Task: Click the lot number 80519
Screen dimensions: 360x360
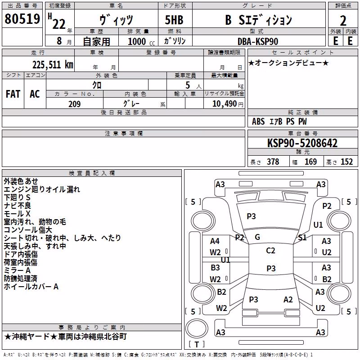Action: [x=22, y=19]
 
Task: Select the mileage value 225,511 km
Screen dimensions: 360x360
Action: [x=53, y=65]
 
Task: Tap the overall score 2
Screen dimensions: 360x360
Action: [x=343, y=21]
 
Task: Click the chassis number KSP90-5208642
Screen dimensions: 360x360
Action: [x=302, y=143]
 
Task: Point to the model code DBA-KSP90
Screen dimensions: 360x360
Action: [x=257, y=41]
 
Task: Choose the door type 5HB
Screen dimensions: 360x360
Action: [x=174, y=20]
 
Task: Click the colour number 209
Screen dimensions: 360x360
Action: [x=75, y=104]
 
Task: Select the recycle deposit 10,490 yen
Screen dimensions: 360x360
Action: [x=228, y=104]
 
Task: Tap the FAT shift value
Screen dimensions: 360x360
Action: [x=13, y=94]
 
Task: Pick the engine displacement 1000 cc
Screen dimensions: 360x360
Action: [x=141, y=41]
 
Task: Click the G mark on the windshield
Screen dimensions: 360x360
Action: [x=257, y=237]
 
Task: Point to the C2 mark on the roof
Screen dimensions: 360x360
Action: [x=270, y=251]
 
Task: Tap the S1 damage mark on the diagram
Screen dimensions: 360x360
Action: [x=302, y=238]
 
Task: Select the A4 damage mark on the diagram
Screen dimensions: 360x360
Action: [x=215, y=241]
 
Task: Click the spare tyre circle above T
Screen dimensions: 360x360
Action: [x=197, y=328]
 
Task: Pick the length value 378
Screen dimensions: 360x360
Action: [x=273, y=162]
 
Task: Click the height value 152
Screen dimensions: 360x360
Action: [x=346, y=162]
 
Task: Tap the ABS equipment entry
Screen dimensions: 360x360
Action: [x=258, y=121]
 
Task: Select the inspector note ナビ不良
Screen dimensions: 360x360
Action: [x=17, y=206]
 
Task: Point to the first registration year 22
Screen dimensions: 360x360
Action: [x=59, y=24]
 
